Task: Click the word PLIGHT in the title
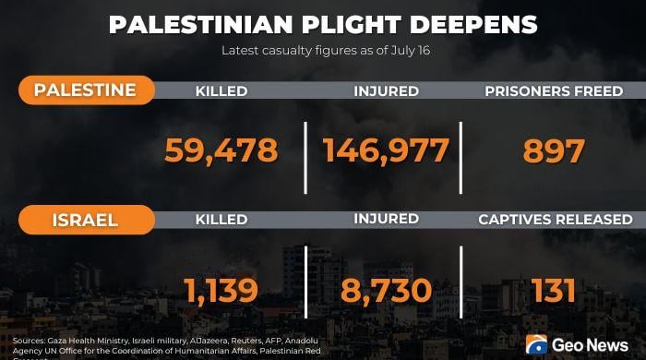click(352, 25)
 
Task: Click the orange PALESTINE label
click(85, 90)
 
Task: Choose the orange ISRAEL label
click(85, 220)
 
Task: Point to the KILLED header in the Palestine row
click(221, 91)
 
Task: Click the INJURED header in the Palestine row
click(387, 91)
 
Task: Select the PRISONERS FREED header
click(554, 91)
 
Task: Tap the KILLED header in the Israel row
click(221, 220)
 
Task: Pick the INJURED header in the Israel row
click(387, 220)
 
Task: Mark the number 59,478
click(221, 150)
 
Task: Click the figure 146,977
click(386, 150)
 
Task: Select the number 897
click(554, 150)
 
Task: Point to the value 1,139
click(221, 291)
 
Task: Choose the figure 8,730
click(386, 291)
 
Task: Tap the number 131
click(554, 291)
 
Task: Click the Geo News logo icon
click(536, 344)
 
